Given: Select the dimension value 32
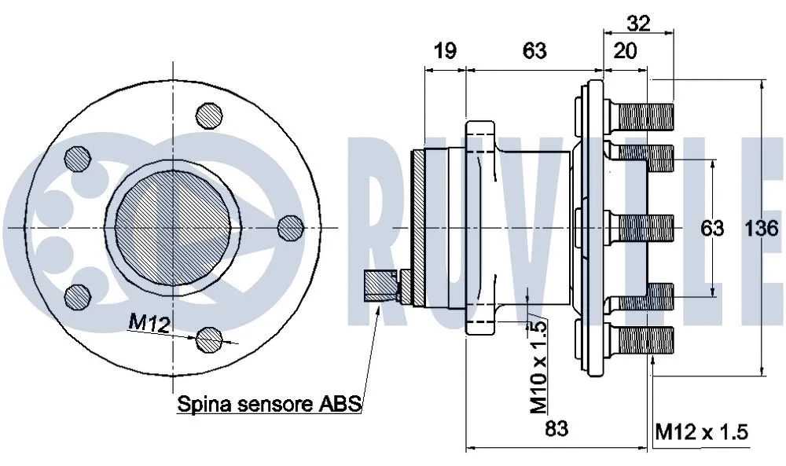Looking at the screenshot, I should (x=640, y=23).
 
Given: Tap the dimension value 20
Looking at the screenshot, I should (x=625, y=51).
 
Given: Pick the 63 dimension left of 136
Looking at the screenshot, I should (x=712, y=229).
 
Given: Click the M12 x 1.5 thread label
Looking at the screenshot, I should (x=700, y=431).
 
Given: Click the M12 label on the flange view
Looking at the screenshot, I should (x=149, y=322).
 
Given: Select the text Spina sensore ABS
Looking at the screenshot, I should (x=269, y=405).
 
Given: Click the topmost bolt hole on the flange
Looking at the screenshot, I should (x=208, y=113).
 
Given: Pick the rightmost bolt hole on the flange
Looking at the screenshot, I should (x=290, y=228).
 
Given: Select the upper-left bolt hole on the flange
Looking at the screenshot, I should (x=77, y=158).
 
